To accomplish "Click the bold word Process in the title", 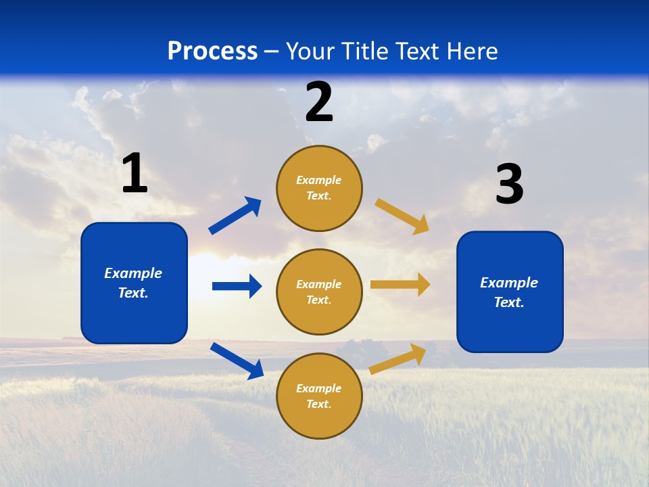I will pyautogui.click(x=212, y=51).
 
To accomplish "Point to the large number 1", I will pyautogui.click(x=135, y=174).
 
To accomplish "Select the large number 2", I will pyautogui.click(x=319, y=102).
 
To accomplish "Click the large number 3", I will pyautogui.click(x=509, y=185).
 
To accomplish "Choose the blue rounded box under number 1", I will pyautogui.click(x=134, y=283).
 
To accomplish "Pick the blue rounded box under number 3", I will pyautogui.click(x=510, y=292).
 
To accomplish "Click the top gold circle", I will pyautogui.click(x=319, y=188).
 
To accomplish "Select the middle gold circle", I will pyautogui.click(x=319, y=292).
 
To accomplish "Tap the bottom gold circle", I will pyautogui.click(x=319, y=396).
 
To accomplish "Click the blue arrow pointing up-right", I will pyautogui.click(x=235, y=216).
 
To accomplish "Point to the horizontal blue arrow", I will pyautogui.click(x=237, y=286).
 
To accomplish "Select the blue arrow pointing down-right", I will pyautogui.click(x=237, y=361).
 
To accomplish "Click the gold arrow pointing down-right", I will pyautogui.click(x=402, y=216).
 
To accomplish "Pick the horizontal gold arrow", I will pyautogui.click(x=400, y=285).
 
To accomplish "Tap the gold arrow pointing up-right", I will pyautogui.click(x=398, y=358).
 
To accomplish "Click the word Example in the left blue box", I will pyautogui.click(x=133, y=273).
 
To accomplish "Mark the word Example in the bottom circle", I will pyautogui.click(x=319, y=388).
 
